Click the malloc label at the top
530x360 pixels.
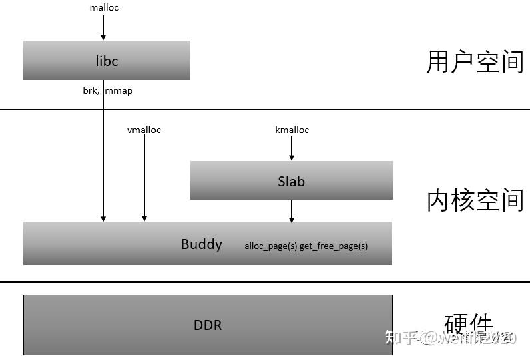pos(104,8)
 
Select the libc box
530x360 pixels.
pos(67,61)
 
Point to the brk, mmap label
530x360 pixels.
pos(107,90)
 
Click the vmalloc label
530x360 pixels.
pos(144,130)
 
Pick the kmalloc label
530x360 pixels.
pos(292,130)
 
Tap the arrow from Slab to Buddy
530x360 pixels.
pos(292,210)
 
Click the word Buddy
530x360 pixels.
pos(201,244)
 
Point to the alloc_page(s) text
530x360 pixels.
pos(270,246)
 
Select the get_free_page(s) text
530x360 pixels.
pos(334,246)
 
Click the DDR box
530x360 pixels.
pos(208,325)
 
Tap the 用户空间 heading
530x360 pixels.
pos(475,61)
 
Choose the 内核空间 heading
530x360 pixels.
pos(475,200)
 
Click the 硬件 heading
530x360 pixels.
pos(469,324)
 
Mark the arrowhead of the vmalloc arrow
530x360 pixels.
pos(144,218)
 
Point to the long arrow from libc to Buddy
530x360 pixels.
pos(104,160)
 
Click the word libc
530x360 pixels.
pos(107,61)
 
